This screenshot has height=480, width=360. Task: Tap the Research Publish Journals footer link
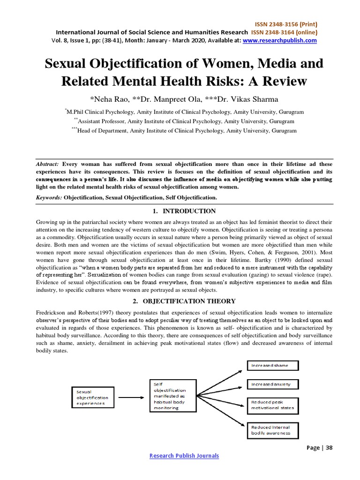point(184,456)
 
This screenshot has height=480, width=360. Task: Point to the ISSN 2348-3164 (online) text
point(284,32)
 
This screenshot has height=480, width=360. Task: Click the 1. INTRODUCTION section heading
point(183,211)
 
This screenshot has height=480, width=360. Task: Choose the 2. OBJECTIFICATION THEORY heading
point(183,301)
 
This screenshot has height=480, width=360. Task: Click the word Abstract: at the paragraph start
point(47,165)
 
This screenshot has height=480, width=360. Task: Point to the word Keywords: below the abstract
point(49,198)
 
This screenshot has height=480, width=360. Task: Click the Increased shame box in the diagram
point(272,365)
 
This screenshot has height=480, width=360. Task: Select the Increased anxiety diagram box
point(272,384)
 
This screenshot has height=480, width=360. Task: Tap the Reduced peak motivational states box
point(272,405)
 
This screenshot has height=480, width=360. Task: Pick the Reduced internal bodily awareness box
point(272,430)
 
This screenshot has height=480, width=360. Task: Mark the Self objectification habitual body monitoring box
point(174,396)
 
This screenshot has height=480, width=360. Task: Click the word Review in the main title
point(280,81)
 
